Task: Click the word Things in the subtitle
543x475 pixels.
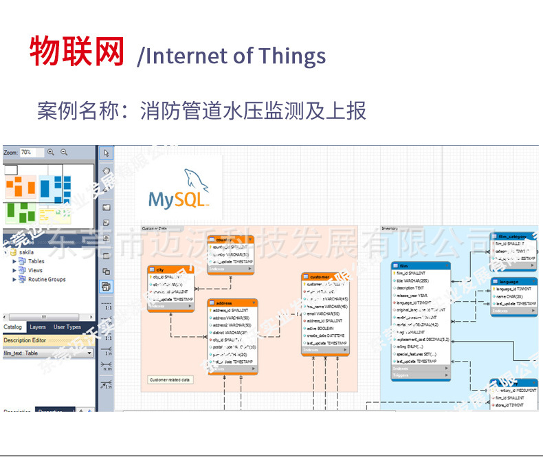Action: (291, 56)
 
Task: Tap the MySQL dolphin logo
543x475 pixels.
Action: (178, 189)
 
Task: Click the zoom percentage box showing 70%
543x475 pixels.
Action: (31, 152)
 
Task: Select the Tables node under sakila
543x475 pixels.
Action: (36, 261)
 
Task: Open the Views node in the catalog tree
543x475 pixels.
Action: (34, 270)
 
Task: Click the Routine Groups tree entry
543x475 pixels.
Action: (46, 280)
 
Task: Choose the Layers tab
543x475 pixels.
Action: (38, 327)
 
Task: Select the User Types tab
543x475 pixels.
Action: (67, 327)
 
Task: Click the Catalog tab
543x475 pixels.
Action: (13, 327)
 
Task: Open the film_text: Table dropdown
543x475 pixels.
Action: (47, 353)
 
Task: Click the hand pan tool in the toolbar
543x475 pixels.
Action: (107, 170)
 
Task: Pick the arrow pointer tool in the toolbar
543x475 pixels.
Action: (107, 153)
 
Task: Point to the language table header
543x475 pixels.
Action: (513, 281)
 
